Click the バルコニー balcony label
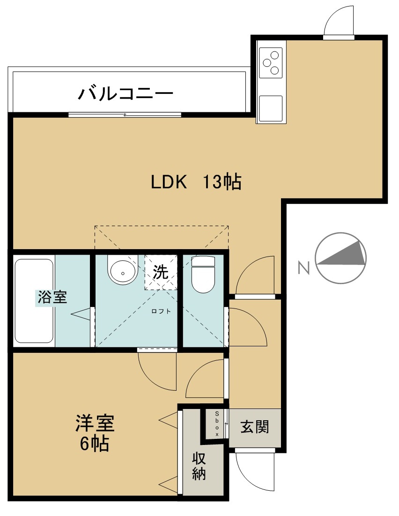125,93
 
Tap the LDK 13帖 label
196,182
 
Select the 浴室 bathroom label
52,297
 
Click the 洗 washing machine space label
161,272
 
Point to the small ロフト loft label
161,311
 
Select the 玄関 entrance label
255,427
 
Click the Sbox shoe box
217,424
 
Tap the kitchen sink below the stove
271,108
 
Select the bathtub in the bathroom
34,301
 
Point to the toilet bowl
203,274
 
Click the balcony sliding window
125,115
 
